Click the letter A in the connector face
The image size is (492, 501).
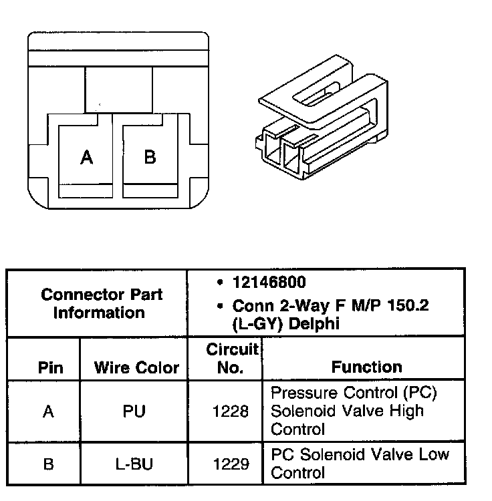[86, 158]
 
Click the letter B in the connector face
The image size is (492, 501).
[150, 157]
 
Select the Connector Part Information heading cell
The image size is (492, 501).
[102, 303]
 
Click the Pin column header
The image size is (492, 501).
[51, 367]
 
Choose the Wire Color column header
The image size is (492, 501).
[136, 367]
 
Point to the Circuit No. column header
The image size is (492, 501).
[231, 358]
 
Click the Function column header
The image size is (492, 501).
[366, 367]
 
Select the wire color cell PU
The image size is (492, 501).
[134, 411]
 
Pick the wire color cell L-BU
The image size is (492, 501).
[134, 464]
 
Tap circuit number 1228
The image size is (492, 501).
[231, 411]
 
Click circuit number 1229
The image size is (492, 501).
[231, 464]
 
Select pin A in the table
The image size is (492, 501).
[48, 411]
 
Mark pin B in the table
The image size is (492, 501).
[48, 464]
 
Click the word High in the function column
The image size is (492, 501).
[408, 410]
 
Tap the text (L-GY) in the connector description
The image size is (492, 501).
[257, 325]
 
